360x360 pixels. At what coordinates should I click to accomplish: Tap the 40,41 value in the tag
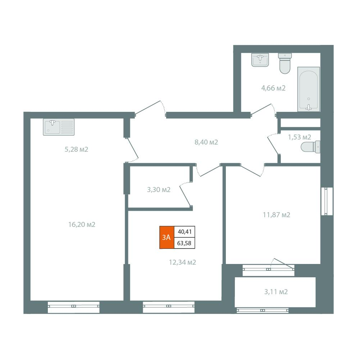click(184, 232)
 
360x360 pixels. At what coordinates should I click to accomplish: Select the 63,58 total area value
click(184, 243)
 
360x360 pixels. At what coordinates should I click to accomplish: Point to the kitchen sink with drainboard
click(59, 127)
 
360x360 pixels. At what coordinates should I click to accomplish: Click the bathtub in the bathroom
click(309, 89)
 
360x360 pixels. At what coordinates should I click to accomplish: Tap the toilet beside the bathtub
click(285, 63)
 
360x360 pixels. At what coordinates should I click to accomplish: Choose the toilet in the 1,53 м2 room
click(310, 147)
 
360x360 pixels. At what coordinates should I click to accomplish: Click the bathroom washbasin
click(260, 60)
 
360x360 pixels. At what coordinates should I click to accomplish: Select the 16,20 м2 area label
click(82, 224)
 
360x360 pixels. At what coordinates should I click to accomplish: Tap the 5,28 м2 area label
click(77, 150)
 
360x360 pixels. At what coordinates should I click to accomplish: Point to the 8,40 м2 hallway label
click(206, 142)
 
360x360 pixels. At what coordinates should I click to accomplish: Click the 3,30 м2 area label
click(159, 190)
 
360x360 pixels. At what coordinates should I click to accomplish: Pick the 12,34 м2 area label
click(183, 262)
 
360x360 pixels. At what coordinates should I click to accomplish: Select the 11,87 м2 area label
click(277, 215)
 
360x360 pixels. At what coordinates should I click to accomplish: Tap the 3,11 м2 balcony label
click(276, 292)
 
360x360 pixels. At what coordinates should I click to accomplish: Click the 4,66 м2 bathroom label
click(273, 88)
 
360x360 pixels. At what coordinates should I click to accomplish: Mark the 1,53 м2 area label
click(300, 137)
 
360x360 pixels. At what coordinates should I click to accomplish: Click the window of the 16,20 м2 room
click(74, 307)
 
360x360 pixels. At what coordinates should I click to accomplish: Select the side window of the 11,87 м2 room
click(327, 201)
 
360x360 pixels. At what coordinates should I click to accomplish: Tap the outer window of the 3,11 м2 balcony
click(263, 310)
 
